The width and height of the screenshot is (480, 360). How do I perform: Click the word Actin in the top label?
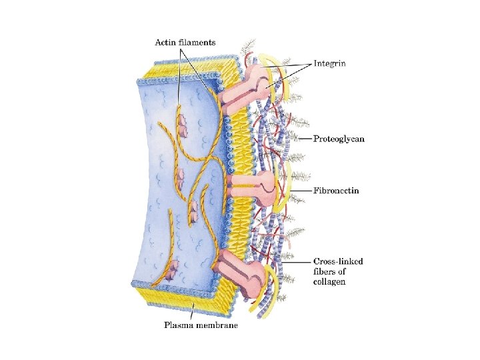167,43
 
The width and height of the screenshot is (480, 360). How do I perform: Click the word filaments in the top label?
199,43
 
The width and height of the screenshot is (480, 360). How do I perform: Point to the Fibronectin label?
336,191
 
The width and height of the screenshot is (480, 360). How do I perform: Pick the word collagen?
329,282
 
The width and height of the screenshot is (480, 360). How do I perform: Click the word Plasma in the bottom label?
178,326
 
